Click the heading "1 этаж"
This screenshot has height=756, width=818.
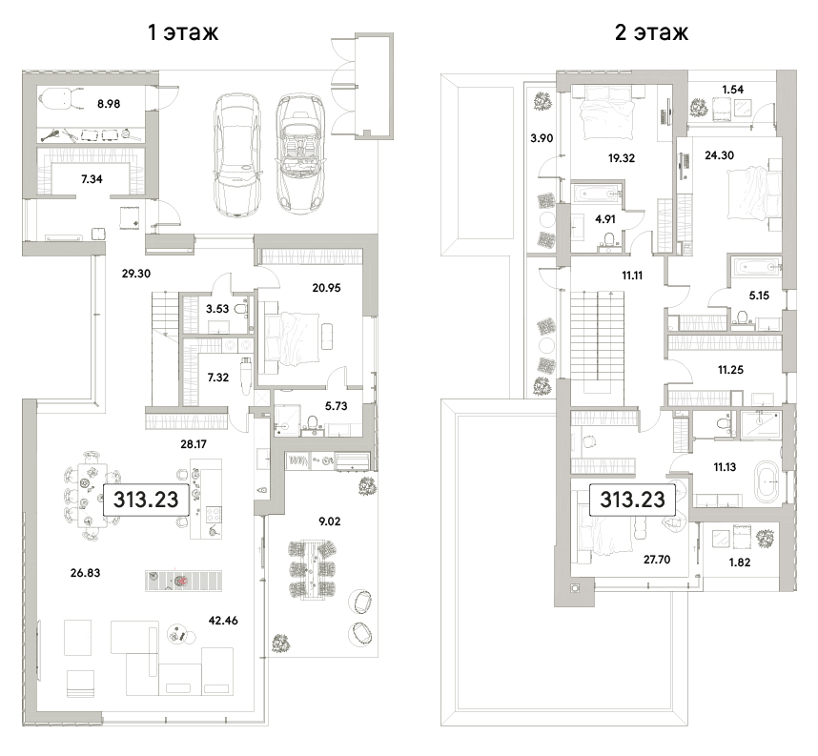point(183,32)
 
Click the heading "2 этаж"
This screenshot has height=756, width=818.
point(651,32)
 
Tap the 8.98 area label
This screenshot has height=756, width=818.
point(109,104)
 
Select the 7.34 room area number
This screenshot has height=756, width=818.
point(92,179)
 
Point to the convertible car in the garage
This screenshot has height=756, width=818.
point(298,153)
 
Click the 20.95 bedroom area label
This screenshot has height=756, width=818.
point(327,288)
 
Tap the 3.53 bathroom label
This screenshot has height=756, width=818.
point(217,309)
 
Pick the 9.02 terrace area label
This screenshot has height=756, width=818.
point(329,521)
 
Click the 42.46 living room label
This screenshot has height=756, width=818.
point(223,621)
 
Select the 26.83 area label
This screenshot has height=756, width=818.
point(85,573)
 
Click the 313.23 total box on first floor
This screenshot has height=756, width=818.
point(146,500)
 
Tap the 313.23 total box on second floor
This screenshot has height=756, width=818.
point(632,500)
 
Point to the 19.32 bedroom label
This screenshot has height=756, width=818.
point(622,158)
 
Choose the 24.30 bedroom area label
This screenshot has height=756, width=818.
point(720,155)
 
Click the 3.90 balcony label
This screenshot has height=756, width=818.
point(542,138)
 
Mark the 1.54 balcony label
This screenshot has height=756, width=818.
point(733,90)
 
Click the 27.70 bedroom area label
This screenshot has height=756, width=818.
point(657,560)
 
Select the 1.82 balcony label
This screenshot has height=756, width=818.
point(740,562)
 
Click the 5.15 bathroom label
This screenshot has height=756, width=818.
point(759,296)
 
